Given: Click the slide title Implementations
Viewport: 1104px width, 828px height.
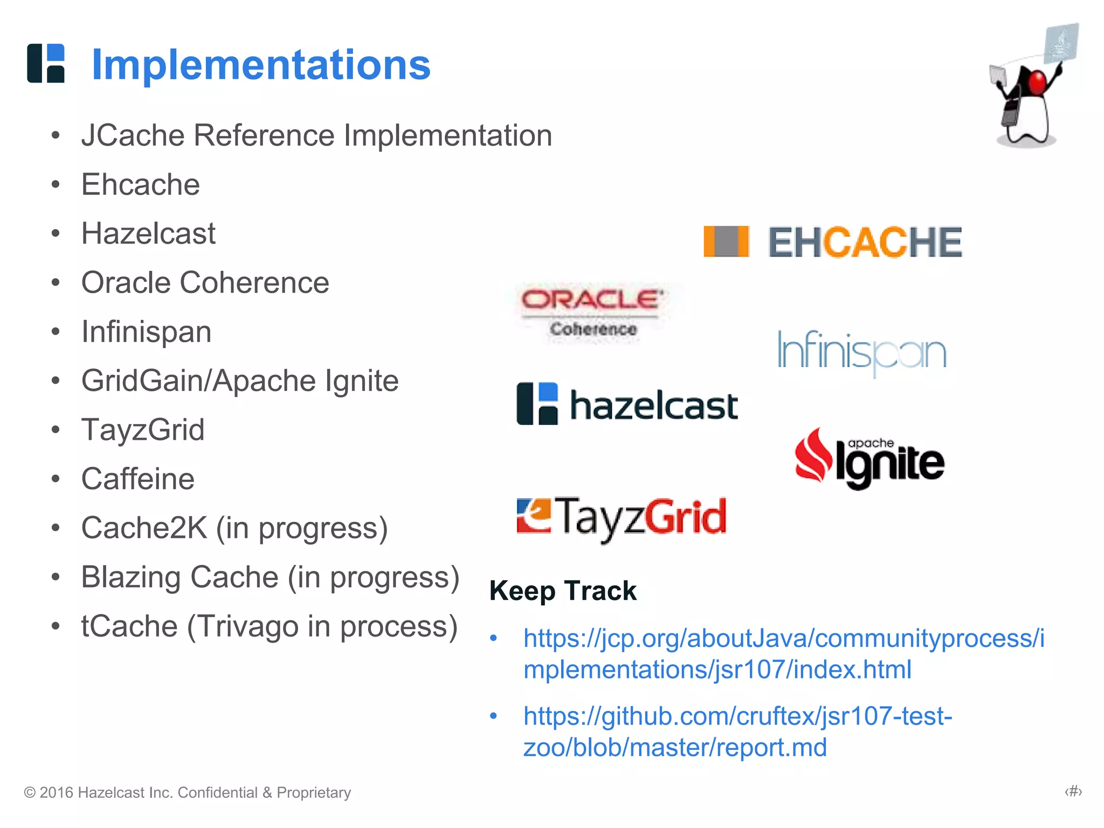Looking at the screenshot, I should coord(261,65).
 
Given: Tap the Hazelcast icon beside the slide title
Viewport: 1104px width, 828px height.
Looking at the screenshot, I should coord(46,63).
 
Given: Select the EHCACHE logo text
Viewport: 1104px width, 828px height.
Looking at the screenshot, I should coord(865,242).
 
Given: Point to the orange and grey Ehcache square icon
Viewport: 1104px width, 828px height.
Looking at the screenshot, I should coord(726,241).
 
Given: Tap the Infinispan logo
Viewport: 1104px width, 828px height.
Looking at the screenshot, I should coord(861,352).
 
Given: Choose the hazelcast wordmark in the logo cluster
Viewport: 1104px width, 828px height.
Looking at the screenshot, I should coord(653,405).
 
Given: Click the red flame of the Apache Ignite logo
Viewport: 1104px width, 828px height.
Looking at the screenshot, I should coord(813,456).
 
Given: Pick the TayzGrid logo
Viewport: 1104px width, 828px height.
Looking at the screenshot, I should coord(622,517).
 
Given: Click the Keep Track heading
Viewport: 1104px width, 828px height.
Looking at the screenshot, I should coord(563,590).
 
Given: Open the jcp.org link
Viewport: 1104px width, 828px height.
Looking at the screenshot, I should coord(783,654).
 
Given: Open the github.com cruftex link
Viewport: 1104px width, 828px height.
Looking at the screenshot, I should coord(737,732).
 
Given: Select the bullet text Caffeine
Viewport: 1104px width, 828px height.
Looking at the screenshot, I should coord(137,479).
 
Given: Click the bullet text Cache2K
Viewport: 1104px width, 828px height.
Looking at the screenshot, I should coord(144,528).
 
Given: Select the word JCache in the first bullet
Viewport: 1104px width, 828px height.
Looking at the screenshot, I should coord(133,135).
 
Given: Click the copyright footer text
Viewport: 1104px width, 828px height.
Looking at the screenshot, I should coord(187,792).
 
